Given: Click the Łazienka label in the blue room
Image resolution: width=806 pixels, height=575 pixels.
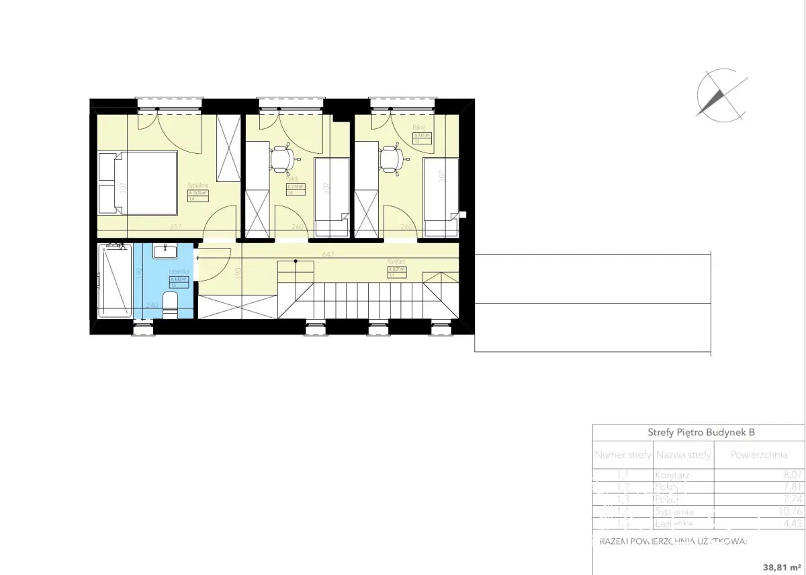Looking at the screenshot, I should pos(179,271).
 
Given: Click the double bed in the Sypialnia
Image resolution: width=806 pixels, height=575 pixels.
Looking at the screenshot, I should pos(138,183).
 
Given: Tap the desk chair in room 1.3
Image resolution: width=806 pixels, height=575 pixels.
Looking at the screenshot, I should pos(282,159).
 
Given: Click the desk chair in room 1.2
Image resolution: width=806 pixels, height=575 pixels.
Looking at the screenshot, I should pos(391,160).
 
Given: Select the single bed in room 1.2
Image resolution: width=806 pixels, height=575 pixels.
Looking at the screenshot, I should pos(441,196).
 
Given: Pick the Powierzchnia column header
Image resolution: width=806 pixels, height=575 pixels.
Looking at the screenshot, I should pos(758,455).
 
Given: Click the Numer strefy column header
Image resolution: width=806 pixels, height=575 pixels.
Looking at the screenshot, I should pos(623,455).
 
